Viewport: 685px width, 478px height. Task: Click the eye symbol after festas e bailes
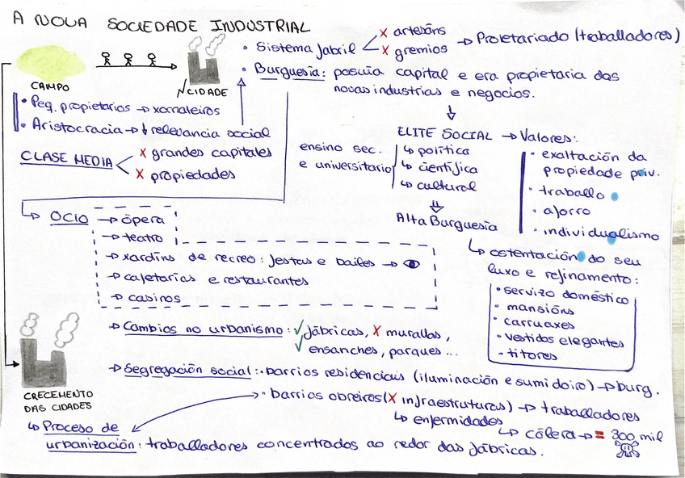click(411, 262)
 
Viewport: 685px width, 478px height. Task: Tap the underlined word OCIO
click(69, 217)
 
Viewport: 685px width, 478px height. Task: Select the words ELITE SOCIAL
click(445, 132)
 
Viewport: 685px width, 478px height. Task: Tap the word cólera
click(549, 434)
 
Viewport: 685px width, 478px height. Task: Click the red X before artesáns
click(383, 32)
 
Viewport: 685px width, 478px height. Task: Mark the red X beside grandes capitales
click(143, 152)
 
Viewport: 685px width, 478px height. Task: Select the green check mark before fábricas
click(298, 329)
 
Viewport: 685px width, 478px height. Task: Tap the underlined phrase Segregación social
click(187, 369)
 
